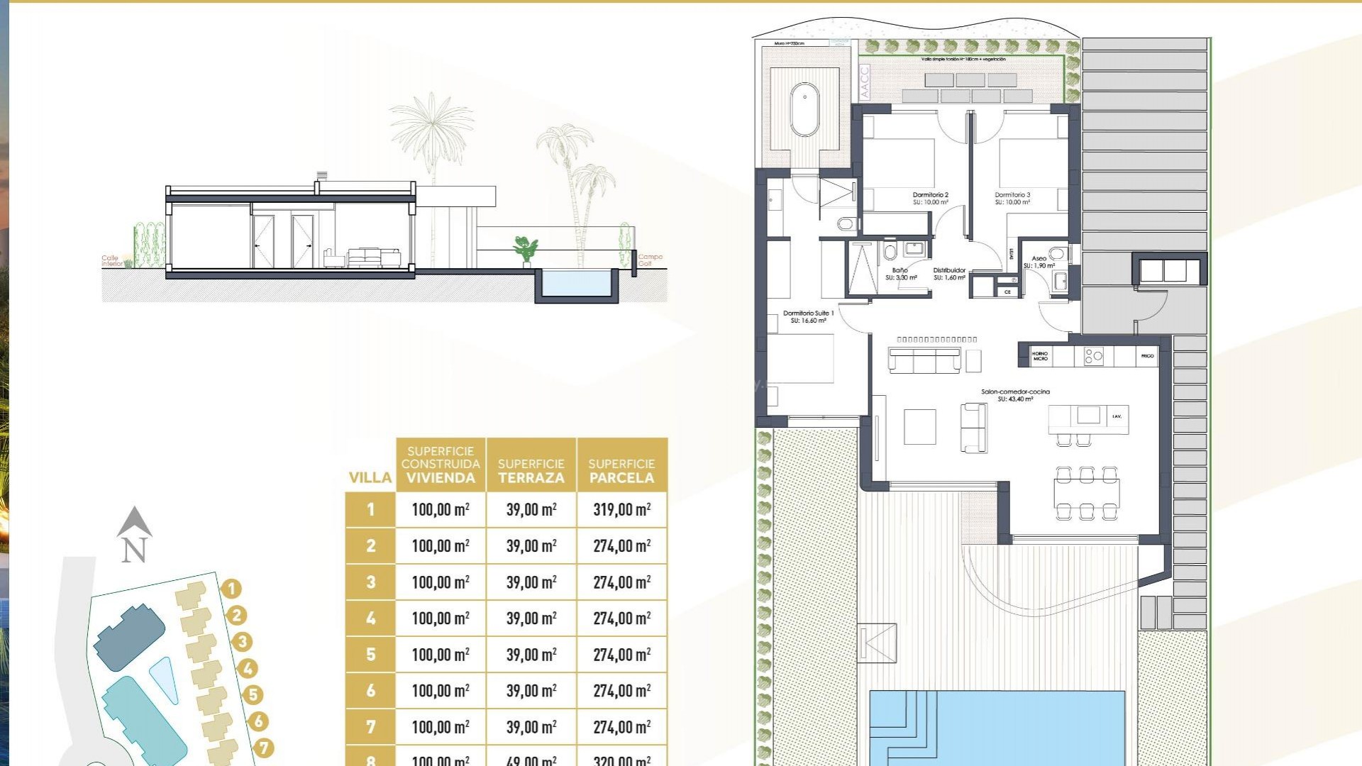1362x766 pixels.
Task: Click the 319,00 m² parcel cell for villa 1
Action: tap(621, 509)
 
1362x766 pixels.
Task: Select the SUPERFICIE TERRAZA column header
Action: tap(531, 471)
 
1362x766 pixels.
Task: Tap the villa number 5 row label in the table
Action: tap(370, 654)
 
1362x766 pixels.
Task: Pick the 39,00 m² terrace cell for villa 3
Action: tap(531, 582)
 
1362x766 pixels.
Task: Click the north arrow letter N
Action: tap(134, 550)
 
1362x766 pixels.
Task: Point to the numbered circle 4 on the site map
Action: tap(248, 668)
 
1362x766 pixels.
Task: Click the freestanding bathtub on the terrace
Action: tap(804, 109)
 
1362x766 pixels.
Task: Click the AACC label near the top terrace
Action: tap(864, 82)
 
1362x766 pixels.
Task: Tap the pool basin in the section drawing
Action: tap(575, 283)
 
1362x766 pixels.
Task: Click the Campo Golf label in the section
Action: tap(650, 260)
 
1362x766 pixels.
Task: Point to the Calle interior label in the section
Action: tap(112, 261)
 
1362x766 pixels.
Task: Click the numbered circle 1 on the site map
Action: tap(231, 589)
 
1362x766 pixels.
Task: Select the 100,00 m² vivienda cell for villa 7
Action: tap(440, 726)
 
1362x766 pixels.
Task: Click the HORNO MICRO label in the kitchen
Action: tap(1040, 356)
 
